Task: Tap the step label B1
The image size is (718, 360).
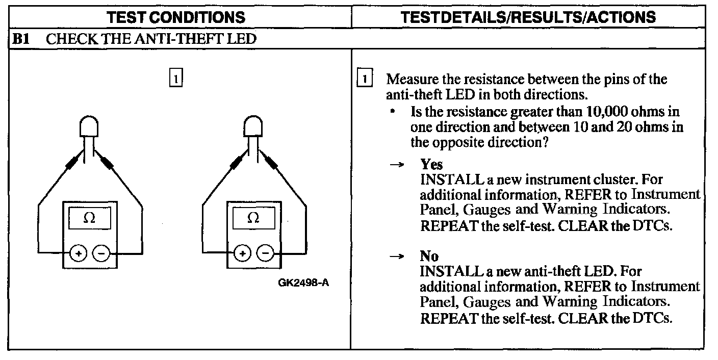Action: [x=20, y=39]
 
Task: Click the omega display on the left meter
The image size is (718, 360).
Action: [x=89, y=218]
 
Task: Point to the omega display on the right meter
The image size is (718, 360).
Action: [x=253, y=218]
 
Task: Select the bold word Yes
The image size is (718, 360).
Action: [x=431, y=165]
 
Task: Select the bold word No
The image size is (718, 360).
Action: [x=429, y=255]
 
